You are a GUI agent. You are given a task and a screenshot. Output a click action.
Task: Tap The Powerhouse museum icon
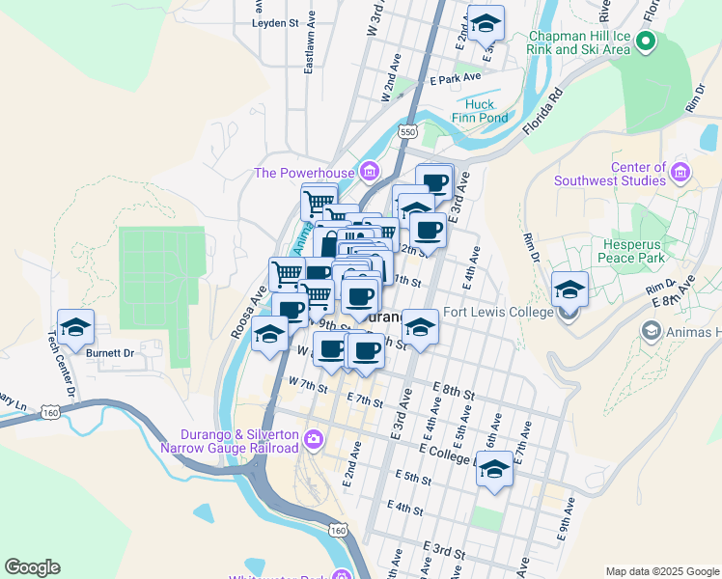coord(369,173)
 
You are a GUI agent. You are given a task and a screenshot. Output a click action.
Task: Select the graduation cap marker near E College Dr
coord(495,470)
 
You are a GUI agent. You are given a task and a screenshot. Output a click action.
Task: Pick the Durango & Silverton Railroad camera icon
coord(313,440)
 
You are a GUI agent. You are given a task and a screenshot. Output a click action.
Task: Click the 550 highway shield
coord(408,131)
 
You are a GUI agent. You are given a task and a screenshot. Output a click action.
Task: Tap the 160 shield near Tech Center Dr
coord(50,413)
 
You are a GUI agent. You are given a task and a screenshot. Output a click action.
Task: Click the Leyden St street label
coord(276,22)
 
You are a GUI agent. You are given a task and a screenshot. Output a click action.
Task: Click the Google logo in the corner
coord(32,567)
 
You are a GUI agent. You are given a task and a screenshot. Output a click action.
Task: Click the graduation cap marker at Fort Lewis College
coord(569,289)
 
